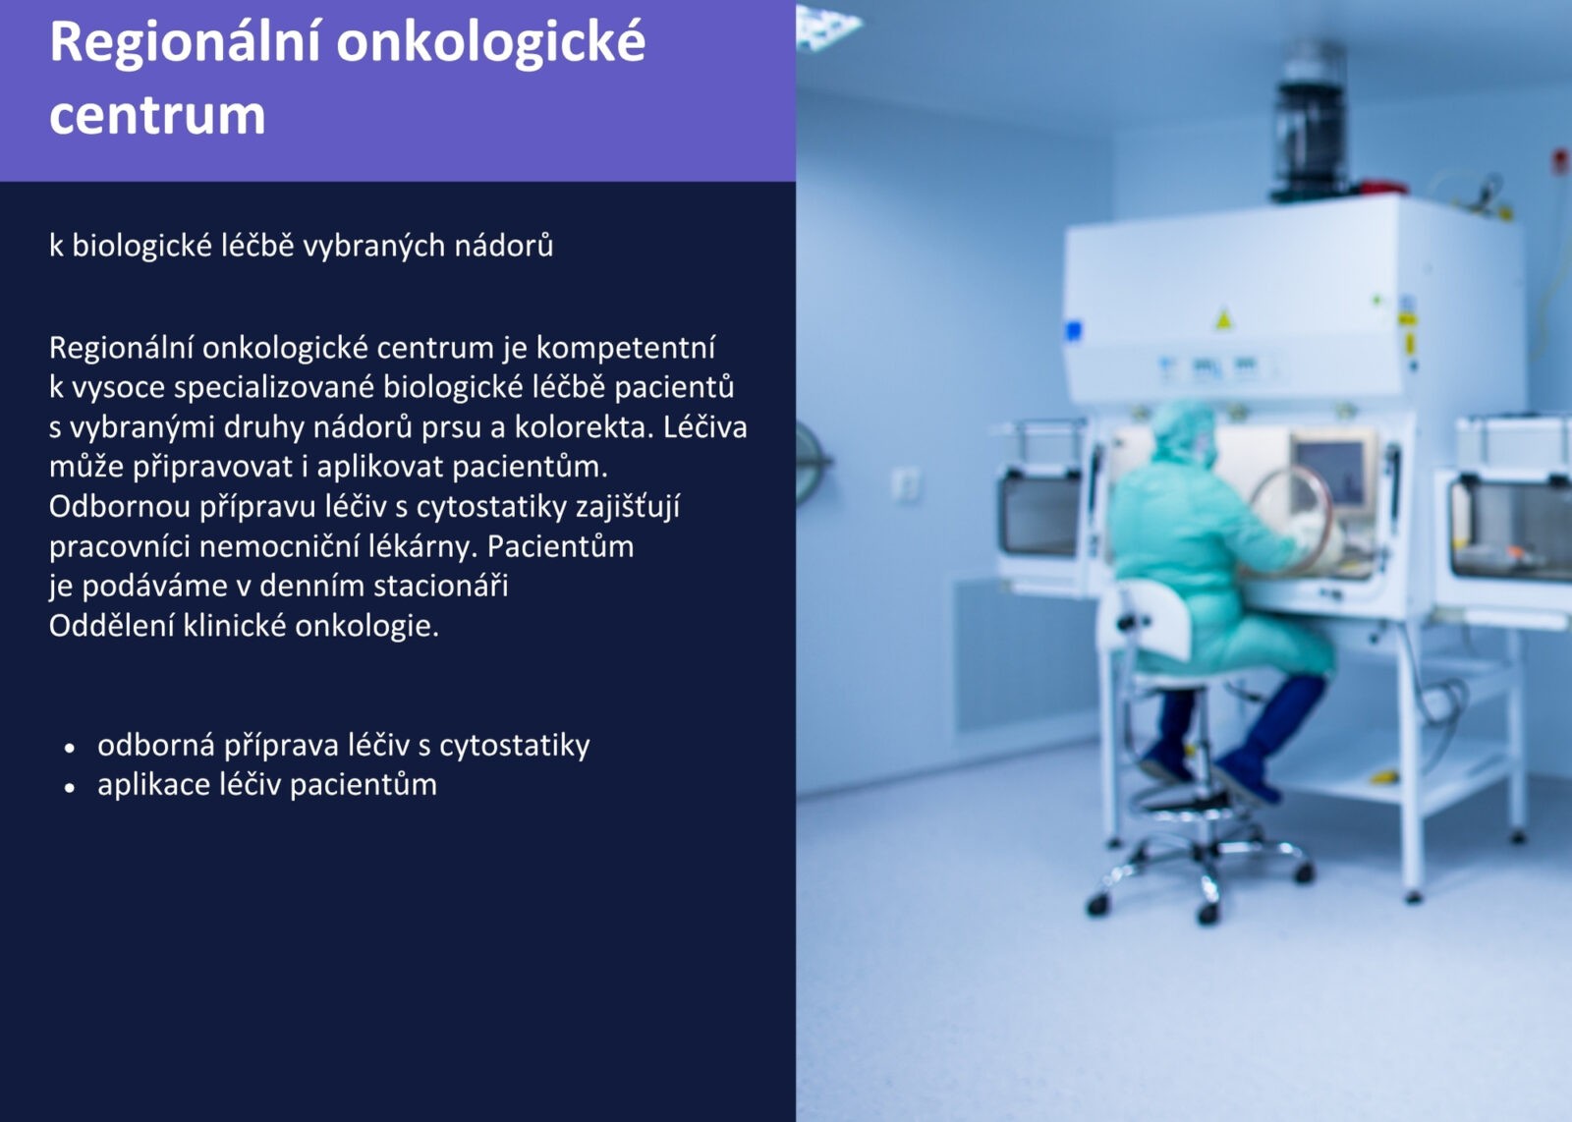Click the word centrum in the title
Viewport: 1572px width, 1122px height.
pos(157,114)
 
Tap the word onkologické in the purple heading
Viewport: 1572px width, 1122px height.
pos(490,43)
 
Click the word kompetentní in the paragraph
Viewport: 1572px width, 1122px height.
pos(626,348)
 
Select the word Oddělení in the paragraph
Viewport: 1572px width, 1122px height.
pos(112,625)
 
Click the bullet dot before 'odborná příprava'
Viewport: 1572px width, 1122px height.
pos(69,748)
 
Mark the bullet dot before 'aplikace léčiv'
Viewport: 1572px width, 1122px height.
pos(69,788)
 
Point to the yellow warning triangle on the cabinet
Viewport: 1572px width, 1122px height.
pos(1223,319)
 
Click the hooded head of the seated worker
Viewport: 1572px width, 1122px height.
pos(1183,432)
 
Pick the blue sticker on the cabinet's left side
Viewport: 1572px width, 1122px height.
pos(1074,330)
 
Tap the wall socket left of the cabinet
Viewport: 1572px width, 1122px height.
pos(906,485)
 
